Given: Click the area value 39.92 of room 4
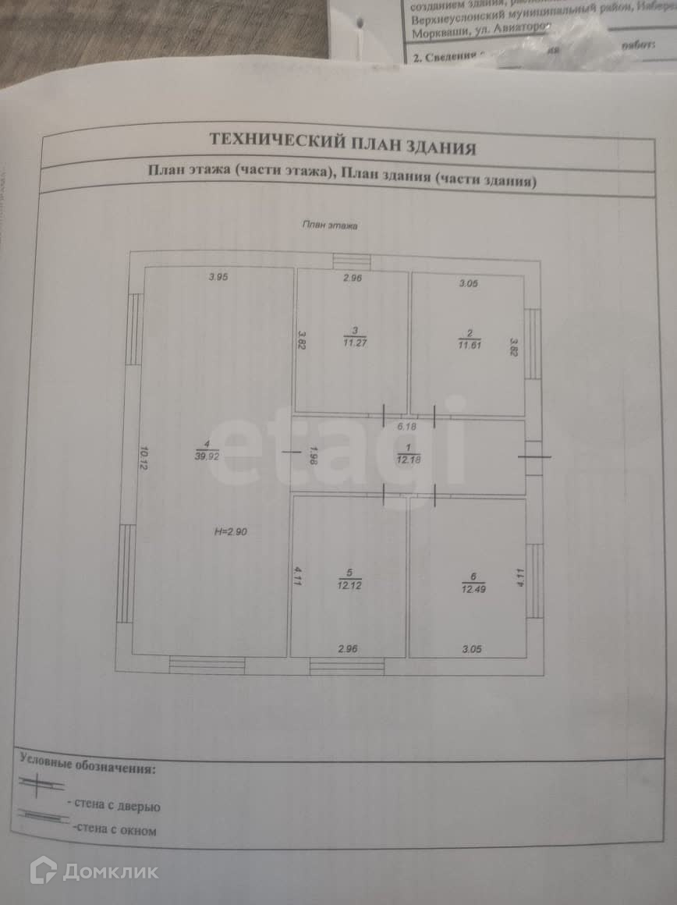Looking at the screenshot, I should point(206,458).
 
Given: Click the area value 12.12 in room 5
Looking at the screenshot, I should point(349,583).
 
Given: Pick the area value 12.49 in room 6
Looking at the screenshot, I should point(472,588).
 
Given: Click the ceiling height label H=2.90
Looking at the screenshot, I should point(230,532).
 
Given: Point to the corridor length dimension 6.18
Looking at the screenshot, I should point(406,427).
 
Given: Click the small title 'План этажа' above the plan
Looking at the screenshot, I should point(330,225).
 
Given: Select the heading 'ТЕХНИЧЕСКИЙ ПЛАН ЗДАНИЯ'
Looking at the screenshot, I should point(342,143).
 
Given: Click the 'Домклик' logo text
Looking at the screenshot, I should point(110,871).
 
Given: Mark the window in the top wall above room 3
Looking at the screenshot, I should point(352,262).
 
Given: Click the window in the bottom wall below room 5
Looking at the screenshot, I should point(347,666).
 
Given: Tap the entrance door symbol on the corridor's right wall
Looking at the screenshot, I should point(534,457).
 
